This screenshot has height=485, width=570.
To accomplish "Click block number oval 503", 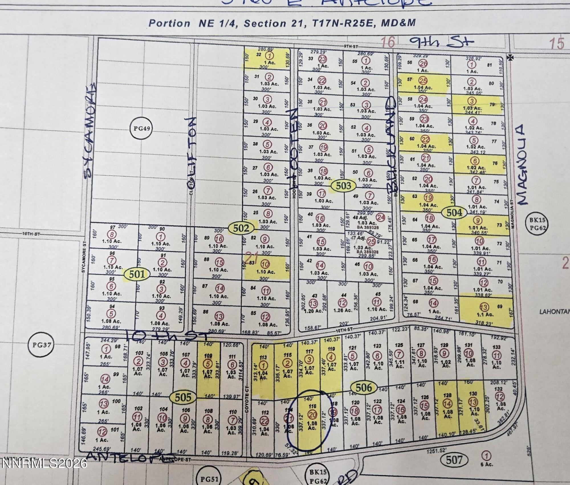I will (x=343, y=186).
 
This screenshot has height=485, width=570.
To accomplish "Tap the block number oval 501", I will (x=137, y=274).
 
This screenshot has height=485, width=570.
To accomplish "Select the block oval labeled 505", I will (x=183, y=397).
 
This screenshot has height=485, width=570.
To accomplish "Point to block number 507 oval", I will (x=454, y=460).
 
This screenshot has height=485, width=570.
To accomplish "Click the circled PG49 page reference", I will (x=142, y=129).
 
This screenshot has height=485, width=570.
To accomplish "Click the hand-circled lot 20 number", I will (x=312, y=415).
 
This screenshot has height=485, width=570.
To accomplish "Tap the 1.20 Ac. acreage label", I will (x=313, y=311).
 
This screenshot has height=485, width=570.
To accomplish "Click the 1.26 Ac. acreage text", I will (x=343, y=310).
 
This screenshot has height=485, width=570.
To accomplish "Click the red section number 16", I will (x=388, y=42).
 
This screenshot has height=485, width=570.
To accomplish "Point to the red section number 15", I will (x=557, y=44).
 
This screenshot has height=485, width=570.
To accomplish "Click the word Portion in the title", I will (x=169, y=23).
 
